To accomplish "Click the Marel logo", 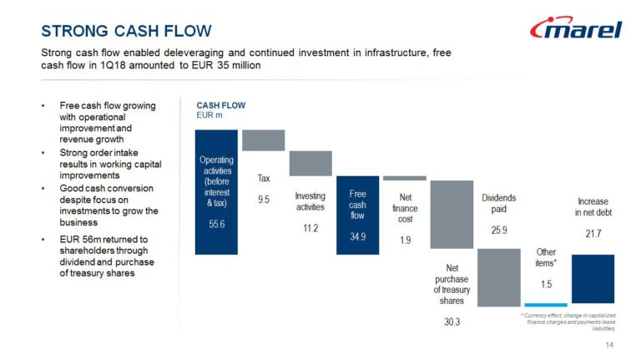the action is (x=576, y=28).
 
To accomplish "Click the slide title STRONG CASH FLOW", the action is (x=126, y=31).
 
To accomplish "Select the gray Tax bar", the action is (x=263, y=140).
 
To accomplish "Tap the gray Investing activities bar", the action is (x=310, y=163).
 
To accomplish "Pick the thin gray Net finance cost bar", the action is (x=405, y=178).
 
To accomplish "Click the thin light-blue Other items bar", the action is (x=546, y=305).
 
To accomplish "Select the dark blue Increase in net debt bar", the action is (x=593, y=279).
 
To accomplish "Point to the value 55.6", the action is (x=217, y=224).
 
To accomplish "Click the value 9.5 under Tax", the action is (x=264, y=200).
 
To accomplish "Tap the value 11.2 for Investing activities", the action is (x=310, y=228).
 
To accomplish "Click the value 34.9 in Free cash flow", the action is (x=358, y=236).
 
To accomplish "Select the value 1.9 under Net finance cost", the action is (x=405, y=240).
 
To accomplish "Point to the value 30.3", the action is (x=452, y=322).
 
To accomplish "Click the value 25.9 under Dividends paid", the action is (x=499, y=230).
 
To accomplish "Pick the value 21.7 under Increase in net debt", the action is (x=593, y=234).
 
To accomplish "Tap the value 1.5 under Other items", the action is (x=546, y=284).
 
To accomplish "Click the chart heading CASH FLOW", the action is (x=220, y=105).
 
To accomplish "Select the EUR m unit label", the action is (x=209, y=115).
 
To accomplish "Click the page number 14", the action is (x=609, y=345).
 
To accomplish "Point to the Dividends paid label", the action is (x=499, y=203).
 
